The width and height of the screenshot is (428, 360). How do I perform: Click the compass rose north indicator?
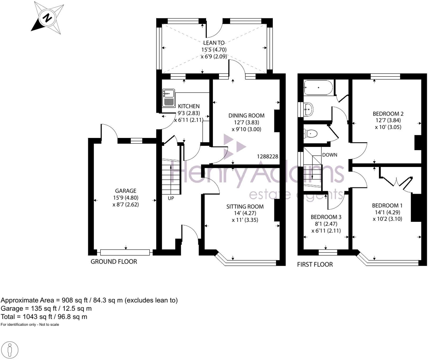[x=47, y=18]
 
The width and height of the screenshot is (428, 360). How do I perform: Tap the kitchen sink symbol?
[x=168, y=98]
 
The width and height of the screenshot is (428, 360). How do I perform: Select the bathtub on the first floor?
[x=318, y=88]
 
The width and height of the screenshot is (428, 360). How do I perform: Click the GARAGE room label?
[x=126, y=191]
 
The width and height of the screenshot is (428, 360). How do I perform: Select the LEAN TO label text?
[x=214, y=43]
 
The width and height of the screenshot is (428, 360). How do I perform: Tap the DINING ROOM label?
[x=246, y=115]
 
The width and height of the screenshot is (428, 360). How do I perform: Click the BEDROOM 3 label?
[x=326, y=217]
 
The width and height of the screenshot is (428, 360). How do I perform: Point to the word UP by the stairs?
[x=171, y=198]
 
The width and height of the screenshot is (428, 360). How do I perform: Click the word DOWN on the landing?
[x=329, y=155]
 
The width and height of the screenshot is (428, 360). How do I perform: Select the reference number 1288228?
[x=267, y=156]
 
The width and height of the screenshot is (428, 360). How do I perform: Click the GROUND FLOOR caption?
[x=114, y=262]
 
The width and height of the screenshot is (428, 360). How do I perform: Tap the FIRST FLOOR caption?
[x=315, y=264]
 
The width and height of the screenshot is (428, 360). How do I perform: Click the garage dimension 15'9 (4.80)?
[x=126, y=197]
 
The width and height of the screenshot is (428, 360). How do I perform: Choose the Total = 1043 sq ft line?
[x=44, y=317]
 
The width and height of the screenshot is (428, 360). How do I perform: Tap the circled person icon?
[x=10, y=350]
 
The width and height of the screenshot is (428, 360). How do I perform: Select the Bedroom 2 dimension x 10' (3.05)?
[x=388, y=127]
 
